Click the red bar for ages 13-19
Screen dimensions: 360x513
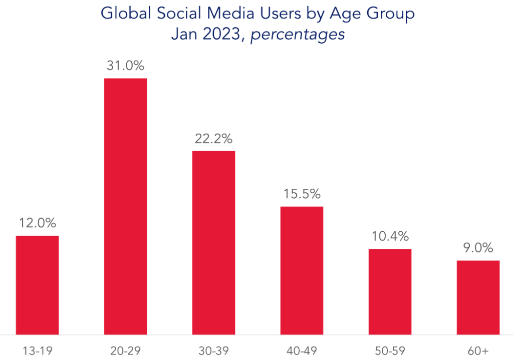pyautogui.click(x=37, y=284)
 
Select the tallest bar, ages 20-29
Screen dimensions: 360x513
pyautogui.click(x=125, y=206)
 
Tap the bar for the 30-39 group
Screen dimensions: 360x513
pyautogui.click(x=213, y=242)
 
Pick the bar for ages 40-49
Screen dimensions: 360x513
pyautogui.click(x=302, y=270)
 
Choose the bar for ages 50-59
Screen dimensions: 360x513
pyautogui.click(x=390, y=291)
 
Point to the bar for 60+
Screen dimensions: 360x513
pyautogui.click(x=478, y=297)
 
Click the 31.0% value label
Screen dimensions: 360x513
pyautogui.click(x=125, y=66)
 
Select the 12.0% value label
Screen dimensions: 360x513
pyautogui.click(x=37, y=224)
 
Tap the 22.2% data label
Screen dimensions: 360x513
pyautogui.click(x=213, y=139)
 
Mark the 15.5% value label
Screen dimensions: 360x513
pyautogui.click(x=302, y=194)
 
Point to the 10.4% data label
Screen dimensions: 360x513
pyautogui.click(x=390, y=236)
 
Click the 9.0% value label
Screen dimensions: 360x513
pyautogui.click(x=478, y=248)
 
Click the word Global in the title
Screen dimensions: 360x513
pyautogui.click(x=124, y=14)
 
